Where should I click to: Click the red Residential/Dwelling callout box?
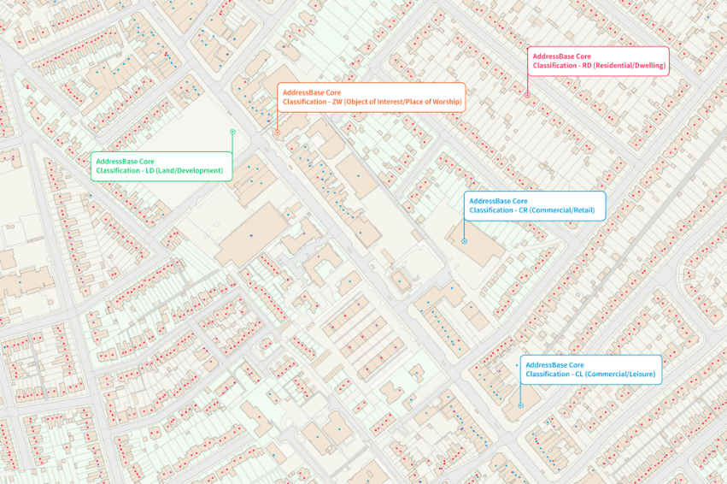coord(598,61)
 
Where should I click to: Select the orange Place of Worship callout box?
coord(372,97)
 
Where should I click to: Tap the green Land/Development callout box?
coord(161,166)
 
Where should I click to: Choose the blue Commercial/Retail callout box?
coord(535,205)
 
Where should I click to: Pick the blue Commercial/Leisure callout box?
coord(591,369)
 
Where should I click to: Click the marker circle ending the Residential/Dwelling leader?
coord(528,94)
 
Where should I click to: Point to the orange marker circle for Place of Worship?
coord(278,133)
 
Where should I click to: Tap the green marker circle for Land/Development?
coord(232,132)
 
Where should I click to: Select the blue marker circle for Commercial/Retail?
coord(464,242)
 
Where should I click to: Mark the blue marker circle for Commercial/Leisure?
coord(520,405)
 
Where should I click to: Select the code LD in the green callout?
coord(150,171)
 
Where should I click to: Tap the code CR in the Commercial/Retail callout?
coord(523,210)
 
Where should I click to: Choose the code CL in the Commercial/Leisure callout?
coord(579,375)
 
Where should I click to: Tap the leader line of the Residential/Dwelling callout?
coord(528,84)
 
